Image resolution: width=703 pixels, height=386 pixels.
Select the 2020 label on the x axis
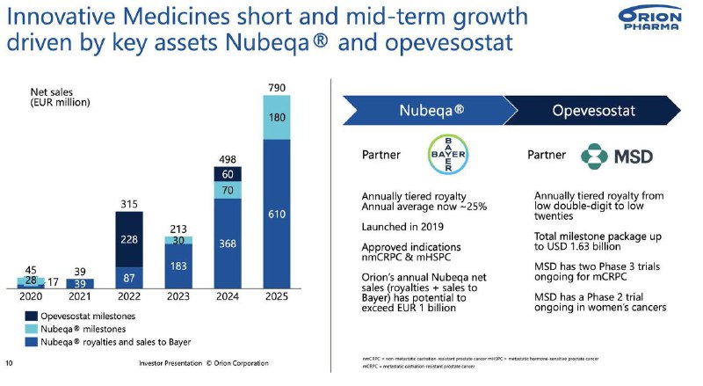pos(29,297)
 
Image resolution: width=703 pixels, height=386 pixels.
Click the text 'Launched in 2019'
pos(404,226)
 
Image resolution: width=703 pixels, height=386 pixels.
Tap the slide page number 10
pos(10,363)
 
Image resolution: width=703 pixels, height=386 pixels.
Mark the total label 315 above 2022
pos(129,204)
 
